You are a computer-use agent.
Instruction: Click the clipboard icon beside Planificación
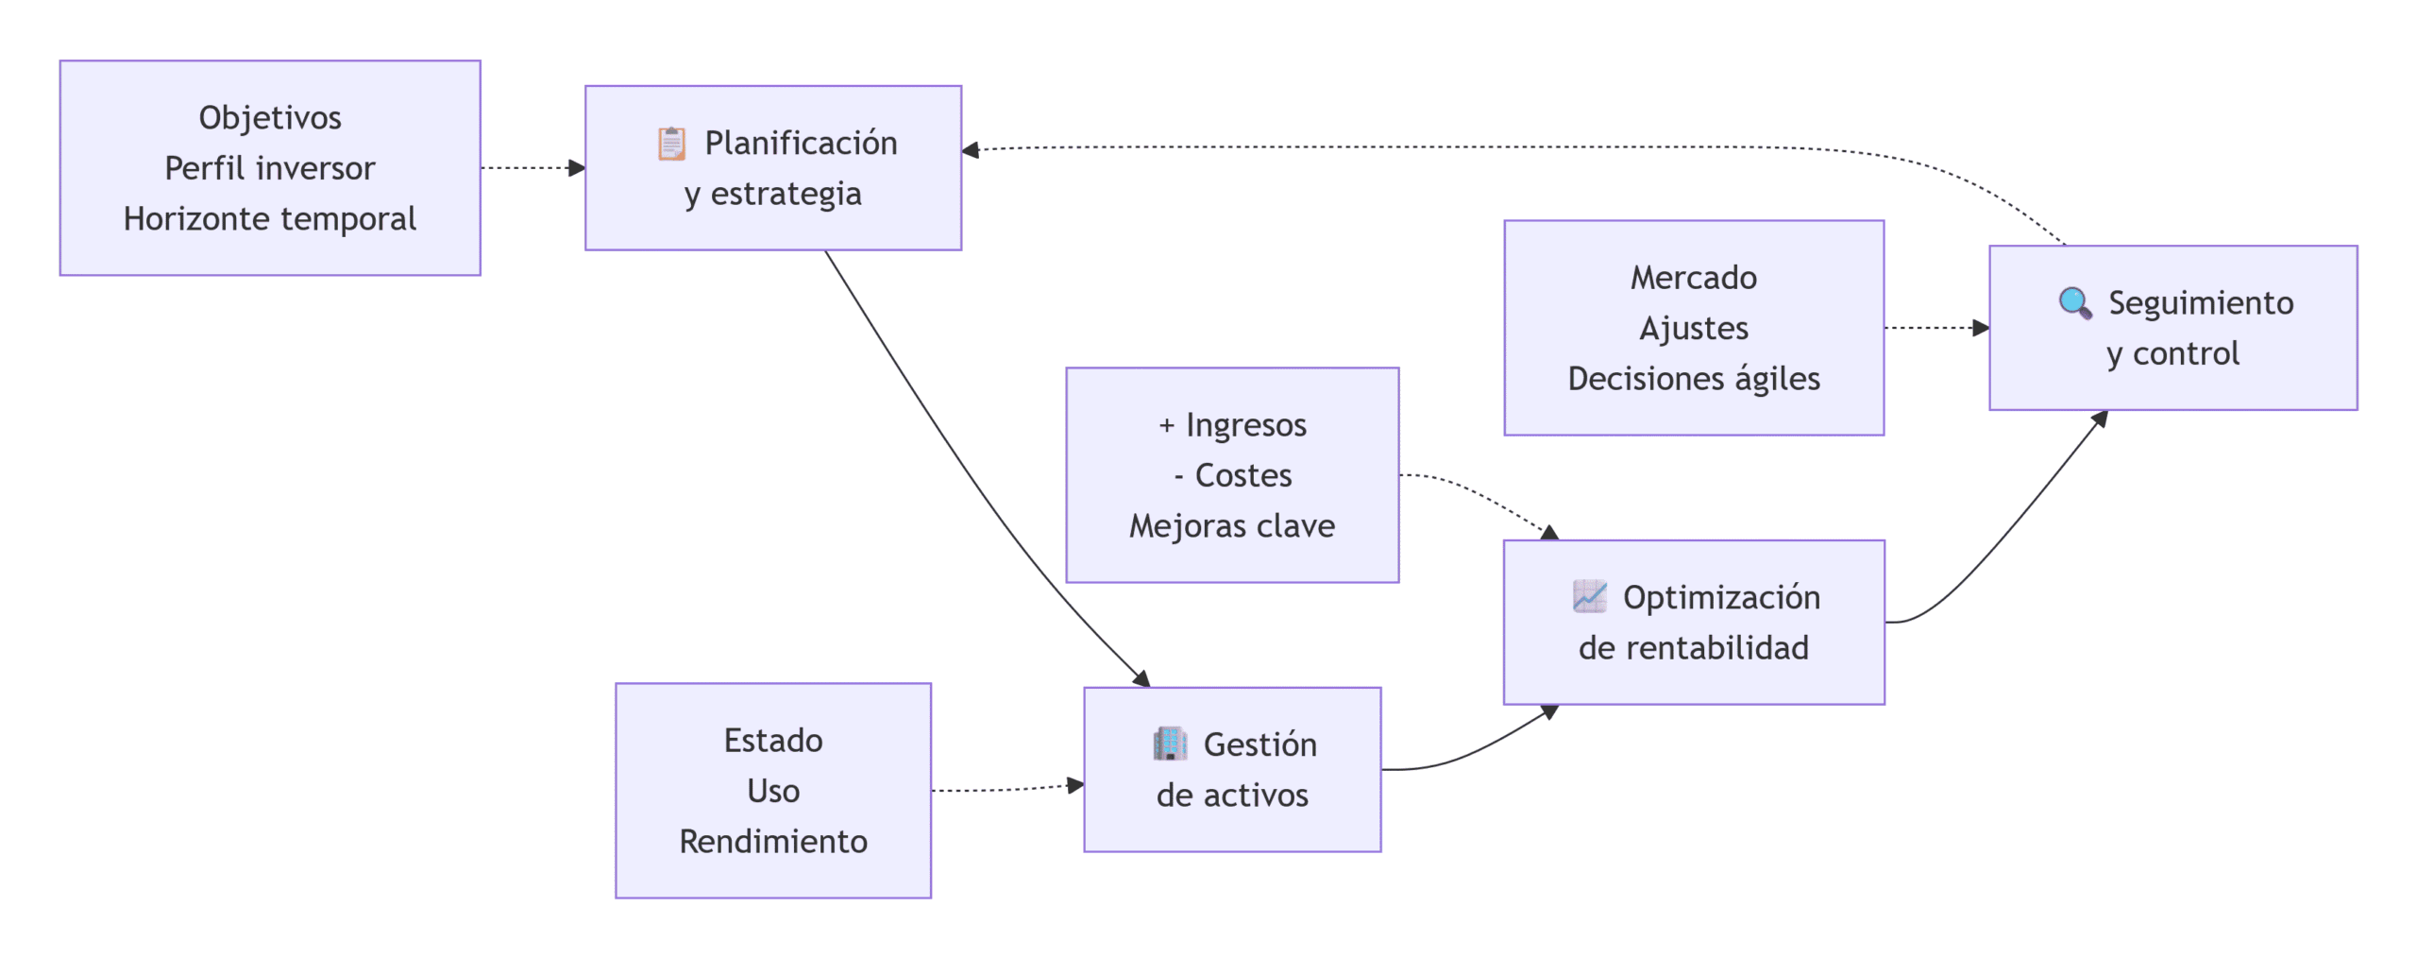point(671,144)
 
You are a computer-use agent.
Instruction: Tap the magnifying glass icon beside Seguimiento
point(2074,303)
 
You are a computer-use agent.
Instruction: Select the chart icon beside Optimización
point(1589,597)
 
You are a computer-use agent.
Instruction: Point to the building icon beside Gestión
point(1170,744)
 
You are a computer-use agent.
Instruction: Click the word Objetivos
point(270,118)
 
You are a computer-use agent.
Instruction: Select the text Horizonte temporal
point(270,219)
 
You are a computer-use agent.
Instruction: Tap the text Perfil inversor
point(270,168)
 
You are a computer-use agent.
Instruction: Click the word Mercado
point(1694,278)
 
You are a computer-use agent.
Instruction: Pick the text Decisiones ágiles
point(1694,379)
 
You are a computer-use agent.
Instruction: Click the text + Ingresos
point(1232,425)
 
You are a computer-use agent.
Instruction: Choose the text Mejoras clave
point(1232,526)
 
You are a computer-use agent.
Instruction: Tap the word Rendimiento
point(773,842)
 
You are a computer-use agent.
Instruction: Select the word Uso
point(773,792)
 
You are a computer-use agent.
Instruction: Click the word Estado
point(773,741)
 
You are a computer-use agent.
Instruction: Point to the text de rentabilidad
point(1694,648)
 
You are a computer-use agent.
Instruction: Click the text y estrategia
point(773,195)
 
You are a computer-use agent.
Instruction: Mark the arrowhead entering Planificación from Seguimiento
point(971,150)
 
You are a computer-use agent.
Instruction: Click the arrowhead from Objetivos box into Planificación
point(577,168)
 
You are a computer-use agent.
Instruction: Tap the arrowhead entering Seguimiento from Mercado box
point(1981,328)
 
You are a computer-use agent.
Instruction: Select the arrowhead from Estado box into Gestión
point(1075,785)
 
